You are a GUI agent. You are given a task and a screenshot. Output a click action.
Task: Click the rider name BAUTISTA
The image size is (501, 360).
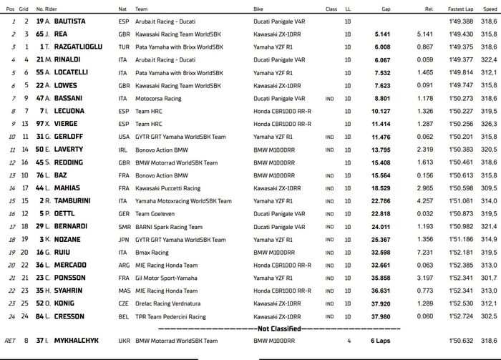tap(73, 23)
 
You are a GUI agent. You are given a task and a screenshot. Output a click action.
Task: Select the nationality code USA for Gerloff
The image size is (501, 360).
tap(124, 136)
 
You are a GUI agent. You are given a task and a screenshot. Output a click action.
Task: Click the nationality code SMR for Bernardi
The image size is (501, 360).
tap(124, 226)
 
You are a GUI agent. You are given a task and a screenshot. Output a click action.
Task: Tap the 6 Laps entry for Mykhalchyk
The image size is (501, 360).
tap(380, 341)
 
